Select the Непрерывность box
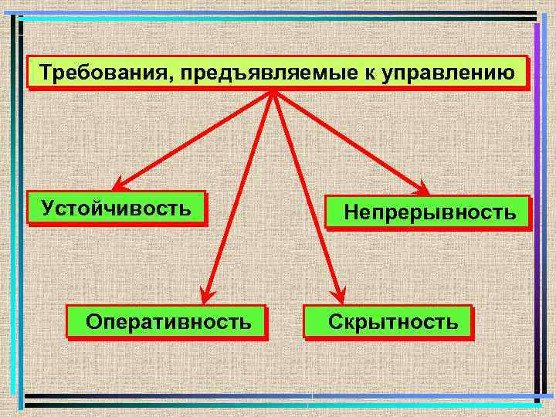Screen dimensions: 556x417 tap(429, 212)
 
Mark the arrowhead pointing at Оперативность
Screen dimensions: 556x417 tap(207, 294)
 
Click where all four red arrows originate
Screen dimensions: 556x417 tap(273, 90)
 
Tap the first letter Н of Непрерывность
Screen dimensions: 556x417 tap(351, 212)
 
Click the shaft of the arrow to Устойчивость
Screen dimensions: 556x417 tap(193, 139)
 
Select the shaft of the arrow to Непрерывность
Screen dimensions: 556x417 tap(347, 139)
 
